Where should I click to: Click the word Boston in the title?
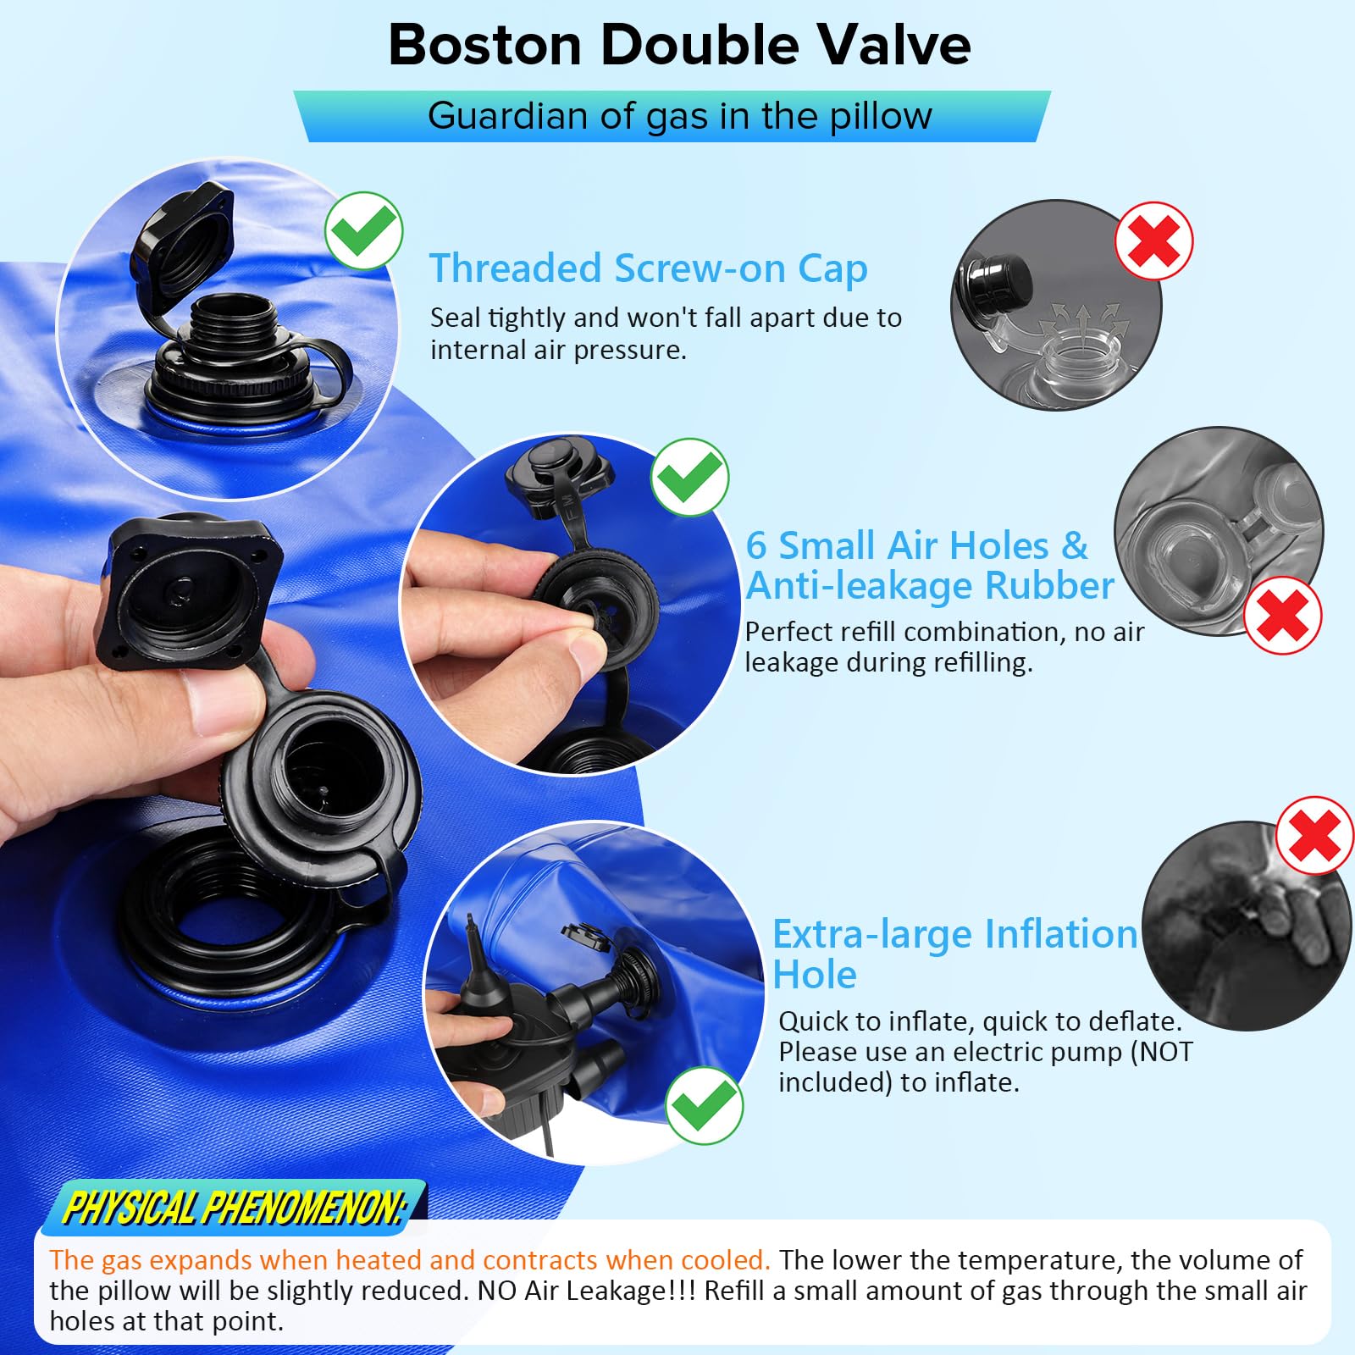click(485, 44)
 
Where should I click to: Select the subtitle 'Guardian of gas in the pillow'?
click(679, 115)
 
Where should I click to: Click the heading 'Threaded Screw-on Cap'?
click(648, 269)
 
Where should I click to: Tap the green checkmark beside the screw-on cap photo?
click(364, 230)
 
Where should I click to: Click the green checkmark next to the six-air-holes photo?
click(689, 477)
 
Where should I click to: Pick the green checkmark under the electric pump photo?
click(705, 1105)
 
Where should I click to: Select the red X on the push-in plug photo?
click(1153, 241)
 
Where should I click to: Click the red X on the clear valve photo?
click(1283, 615)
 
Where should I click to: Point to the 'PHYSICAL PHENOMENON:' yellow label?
click(235, 1208)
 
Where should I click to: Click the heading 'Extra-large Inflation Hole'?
click(954, 954)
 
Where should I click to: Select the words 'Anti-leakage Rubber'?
click(930, 586)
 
